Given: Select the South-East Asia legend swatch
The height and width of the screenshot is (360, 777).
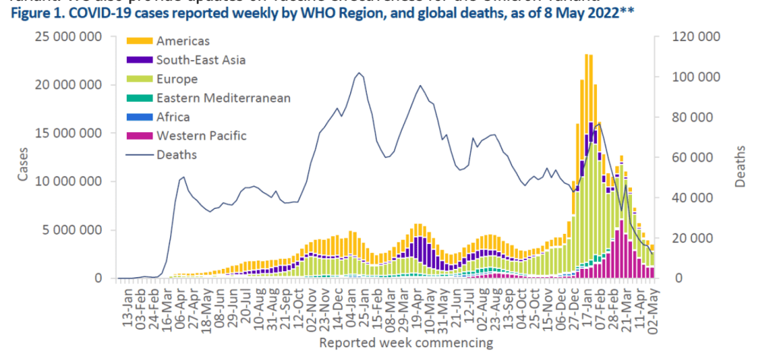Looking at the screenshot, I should tap(138, 59).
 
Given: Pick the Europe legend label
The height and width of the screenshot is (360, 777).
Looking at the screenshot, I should tap(177, 78).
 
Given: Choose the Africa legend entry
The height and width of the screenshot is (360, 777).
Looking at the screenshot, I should tap(173, 116).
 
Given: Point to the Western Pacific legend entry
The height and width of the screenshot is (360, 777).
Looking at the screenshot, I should tap(201, 135).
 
